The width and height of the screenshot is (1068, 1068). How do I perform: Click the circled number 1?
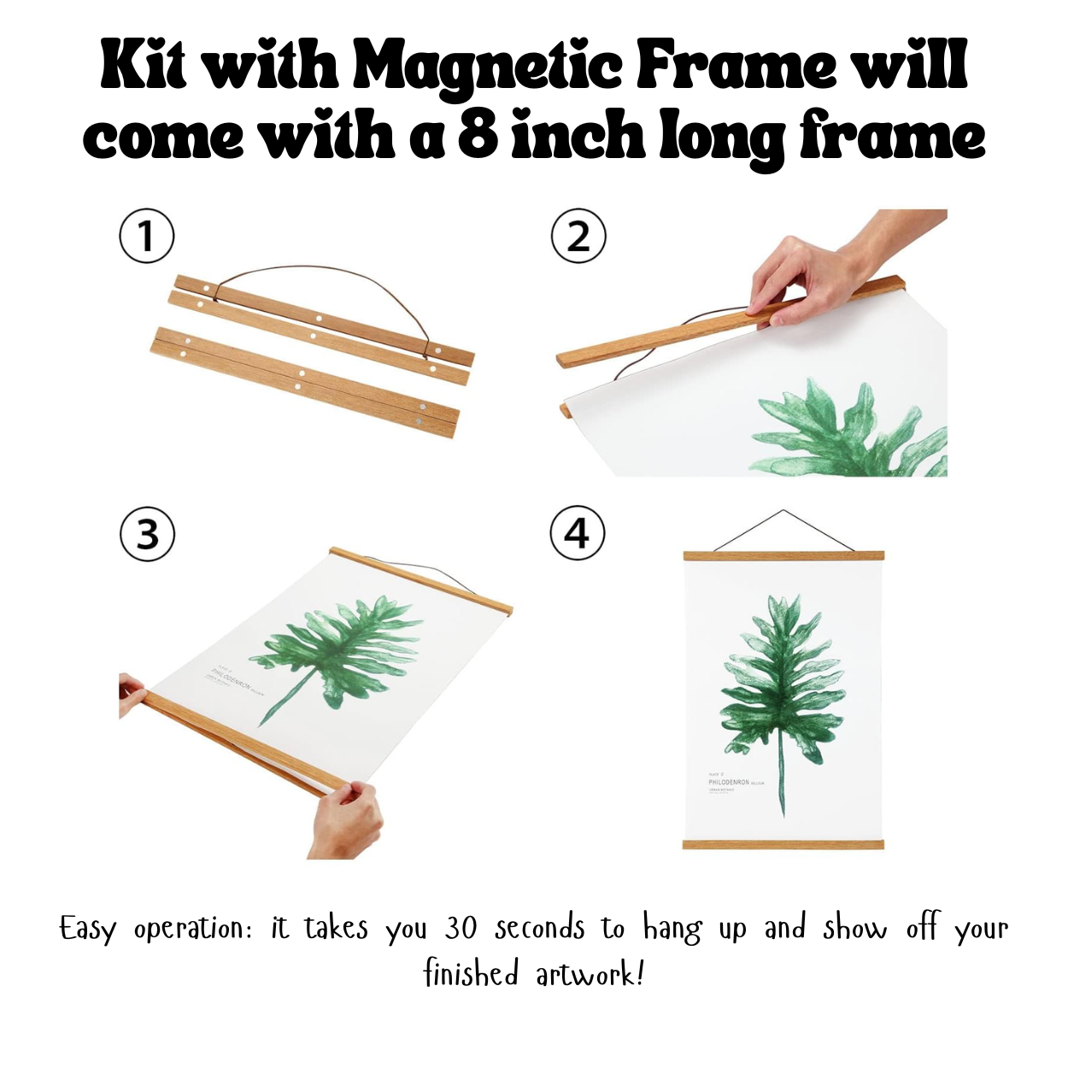click(146, 236)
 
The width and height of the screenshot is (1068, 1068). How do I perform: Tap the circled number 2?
click(578, 236)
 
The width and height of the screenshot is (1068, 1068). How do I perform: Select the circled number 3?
click(147, 534)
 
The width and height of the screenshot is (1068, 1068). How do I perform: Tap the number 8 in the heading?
click(478, 135)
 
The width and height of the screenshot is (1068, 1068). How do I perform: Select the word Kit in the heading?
click(143, 66)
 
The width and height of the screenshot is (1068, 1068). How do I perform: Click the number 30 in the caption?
click(461, 928)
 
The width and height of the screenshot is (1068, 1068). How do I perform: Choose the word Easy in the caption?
click(87, 929)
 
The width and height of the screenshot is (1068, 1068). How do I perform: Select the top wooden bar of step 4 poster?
click(783, 556)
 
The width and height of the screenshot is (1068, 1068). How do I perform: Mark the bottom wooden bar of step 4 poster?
click(783, 845)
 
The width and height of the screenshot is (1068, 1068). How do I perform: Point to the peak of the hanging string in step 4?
click(783, 512)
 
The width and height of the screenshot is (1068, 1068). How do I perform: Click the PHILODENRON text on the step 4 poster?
click(728, 782)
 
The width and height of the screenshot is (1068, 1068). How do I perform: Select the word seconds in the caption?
click(540, 928)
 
